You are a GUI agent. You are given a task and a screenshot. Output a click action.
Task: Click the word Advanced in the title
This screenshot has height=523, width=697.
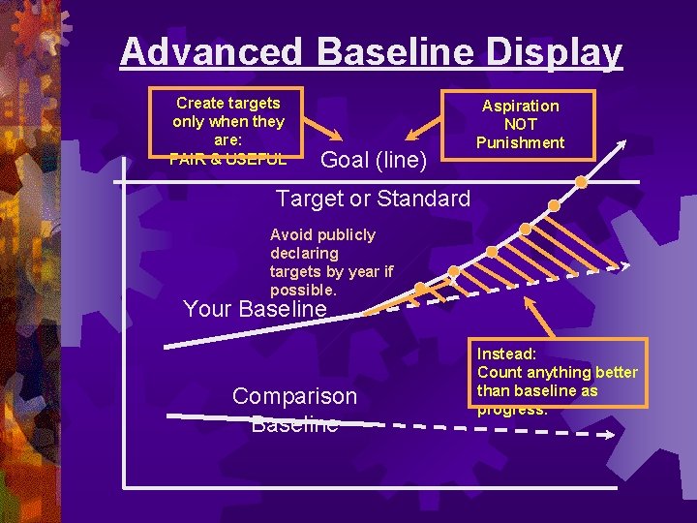212,51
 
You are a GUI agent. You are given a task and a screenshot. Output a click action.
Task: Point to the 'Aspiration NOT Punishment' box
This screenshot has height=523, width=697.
520,123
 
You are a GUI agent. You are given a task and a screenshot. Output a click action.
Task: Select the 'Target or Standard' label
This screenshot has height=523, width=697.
373,200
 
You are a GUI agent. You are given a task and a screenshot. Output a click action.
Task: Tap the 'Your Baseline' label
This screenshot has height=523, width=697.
255,310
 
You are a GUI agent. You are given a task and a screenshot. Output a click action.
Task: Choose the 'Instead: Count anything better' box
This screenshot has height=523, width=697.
558,373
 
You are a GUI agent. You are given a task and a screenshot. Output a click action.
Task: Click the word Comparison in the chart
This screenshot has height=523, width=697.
294,396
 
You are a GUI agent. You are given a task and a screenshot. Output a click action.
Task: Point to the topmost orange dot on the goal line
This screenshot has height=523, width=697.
581,181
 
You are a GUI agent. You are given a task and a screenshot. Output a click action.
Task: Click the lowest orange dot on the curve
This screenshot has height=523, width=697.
420,288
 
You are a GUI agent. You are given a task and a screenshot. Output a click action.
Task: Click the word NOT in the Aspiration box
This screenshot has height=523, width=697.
520,124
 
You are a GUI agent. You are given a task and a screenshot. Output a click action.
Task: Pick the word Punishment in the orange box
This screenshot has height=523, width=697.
520,142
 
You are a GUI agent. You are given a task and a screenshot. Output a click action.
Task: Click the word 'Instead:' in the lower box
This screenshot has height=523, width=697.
506,354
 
